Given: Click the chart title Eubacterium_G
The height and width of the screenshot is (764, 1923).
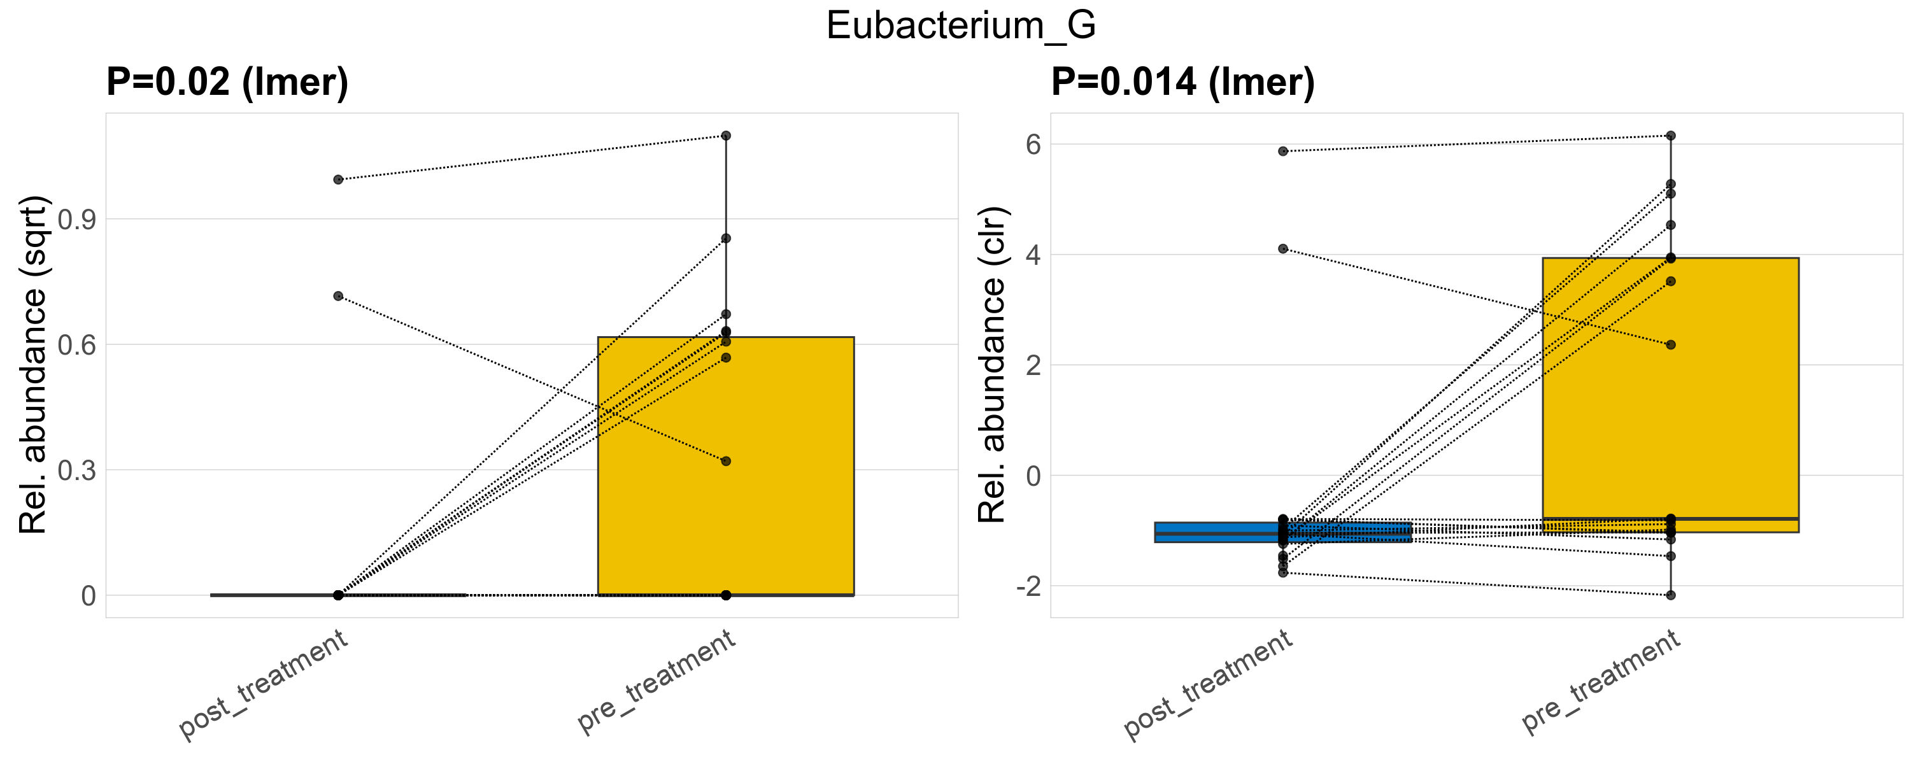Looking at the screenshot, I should [x=961, y=26].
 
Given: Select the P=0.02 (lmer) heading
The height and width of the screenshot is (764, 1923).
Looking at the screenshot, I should [x=227, y=82].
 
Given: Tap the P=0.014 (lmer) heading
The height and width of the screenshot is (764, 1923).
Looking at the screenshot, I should [x=1182, y=82].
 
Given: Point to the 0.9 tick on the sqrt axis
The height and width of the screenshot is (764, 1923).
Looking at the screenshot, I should [x=77, y=220].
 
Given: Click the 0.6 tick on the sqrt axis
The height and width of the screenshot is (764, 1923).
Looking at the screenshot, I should [x=77, y=346].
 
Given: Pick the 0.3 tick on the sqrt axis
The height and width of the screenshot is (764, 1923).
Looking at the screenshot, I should [x=77, y=470].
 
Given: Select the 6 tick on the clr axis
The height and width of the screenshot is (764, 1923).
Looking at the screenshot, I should [x=1033, y=145].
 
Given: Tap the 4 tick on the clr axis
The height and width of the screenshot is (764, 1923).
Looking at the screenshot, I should [x=1033, y=255].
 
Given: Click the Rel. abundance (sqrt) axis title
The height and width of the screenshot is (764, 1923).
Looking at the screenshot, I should [x=34, y=365].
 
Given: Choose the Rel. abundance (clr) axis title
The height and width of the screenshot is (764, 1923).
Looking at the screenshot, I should [x=993, y=365].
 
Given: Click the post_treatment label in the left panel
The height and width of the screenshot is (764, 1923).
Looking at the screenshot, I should [x=264, y=685].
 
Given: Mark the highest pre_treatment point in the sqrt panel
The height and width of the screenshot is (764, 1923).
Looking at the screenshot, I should [x=726, y=136].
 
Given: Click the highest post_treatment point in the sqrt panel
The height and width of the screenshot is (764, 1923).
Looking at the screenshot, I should [x=338, y=180].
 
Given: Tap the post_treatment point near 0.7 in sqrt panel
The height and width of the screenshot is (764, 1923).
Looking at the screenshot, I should [x=338, y=296].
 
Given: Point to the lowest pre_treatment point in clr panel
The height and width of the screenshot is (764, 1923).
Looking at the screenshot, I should [x=1671, y=595].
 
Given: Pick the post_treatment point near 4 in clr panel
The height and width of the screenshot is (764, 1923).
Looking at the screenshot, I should [x=1283, y=249].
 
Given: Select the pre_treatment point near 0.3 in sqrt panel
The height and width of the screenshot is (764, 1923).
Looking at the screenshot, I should [x=726, y=462].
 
